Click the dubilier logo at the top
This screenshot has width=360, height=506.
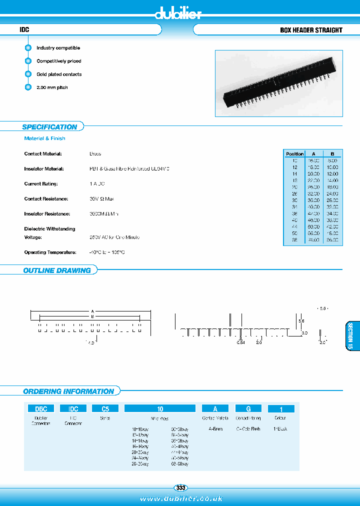coord(178,13)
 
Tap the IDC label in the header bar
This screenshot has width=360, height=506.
coord(24,30)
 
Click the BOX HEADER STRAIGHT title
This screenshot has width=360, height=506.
coord(311,30)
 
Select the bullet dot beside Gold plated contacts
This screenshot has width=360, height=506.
coord(28,74)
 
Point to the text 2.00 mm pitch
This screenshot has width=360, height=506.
coord(52,87)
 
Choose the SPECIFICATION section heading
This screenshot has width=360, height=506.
coord(49,127)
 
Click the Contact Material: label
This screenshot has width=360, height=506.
coord(42,154)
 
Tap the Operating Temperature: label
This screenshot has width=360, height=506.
coord(50,252)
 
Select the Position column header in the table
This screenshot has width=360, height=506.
coord(294,154)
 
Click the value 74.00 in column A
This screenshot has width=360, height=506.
coord(313,240)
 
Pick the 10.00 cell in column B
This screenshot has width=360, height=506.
coord(332,167)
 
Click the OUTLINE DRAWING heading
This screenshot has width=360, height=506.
coord(57,270)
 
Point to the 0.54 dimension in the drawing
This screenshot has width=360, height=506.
coord(240,343)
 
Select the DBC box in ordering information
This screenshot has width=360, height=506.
coord(40,408)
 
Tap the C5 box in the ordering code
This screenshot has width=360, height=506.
coord(105,408)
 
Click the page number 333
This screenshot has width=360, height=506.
coord(180,487)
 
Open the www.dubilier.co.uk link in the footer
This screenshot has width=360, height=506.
coord(180,498)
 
